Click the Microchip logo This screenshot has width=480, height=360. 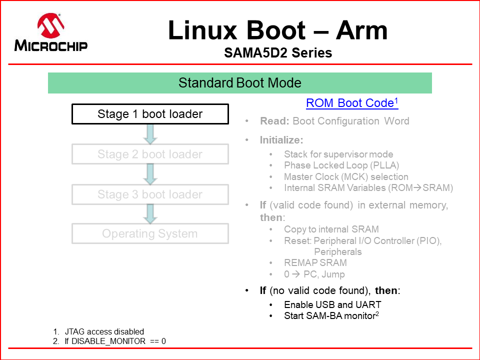coord(51,32)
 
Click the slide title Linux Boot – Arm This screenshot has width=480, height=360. coord(277,30)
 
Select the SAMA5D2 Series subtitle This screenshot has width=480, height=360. coord(278,52)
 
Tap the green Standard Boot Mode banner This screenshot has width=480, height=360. coord(239,82)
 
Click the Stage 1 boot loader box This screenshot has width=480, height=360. coord(150,114)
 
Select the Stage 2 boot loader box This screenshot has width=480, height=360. coord(150,154)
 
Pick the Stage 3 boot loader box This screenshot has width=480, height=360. coord(150,194)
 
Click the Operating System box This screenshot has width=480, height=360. coord(150,233)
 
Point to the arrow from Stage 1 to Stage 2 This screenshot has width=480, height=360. coord(150,134)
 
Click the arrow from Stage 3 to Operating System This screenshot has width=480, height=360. coord(150,214)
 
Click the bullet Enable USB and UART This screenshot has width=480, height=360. coord(332,304)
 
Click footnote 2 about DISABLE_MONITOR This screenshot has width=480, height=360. coord(114,341)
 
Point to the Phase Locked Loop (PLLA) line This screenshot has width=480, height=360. coord(341,165)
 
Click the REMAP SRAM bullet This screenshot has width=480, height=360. coord(315,262)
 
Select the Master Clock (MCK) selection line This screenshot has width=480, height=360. coord(346,176)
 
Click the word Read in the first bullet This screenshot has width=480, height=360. coord(273,121)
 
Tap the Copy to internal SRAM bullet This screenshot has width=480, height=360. coord(331,229)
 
